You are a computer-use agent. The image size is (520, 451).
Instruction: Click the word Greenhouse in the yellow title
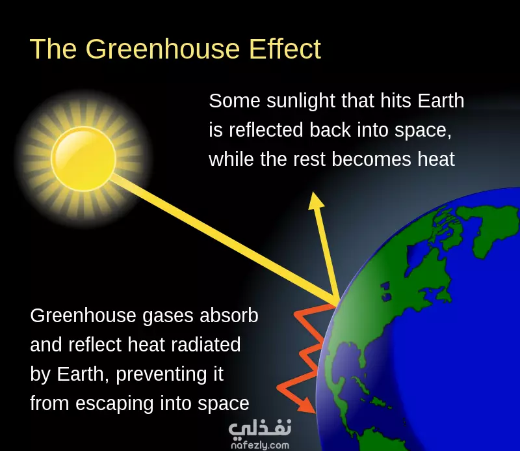tap(162, 49)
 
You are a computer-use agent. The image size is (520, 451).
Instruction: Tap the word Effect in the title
tap(285, 49)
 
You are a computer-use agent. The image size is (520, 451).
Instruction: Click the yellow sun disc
tap(84, 159)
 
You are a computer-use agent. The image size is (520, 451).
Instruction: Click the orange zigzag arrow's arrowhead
tap(307, 407)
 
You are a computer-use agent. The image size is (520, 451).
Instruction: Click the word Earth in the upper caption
tap(441, 101)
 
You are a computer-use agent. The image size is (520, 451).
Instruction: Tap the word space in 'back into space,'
tap(423, 130)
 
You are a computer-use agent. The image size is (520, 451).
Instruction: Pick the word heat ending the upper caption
tap(436, 159)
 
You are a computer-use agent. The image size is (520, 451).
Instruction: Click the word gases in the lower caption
tap(168, 316)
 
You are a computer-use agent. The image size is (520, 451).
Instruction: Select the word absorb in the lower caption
tap(229, 315)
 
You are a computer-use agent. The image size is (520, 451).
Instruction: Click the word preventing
tap(161, 375)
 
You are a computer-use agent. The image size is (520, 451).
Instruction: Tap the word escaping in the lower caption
tap(114, 404)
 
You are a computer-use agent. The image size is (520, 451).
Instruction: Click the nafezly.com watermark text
tap(260, 445)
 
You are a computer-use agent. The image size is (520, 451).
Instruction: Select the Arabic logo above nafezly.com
tap(260, 428)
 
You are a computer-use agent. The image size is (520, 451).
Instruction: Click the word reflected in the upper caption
tap(266, 130)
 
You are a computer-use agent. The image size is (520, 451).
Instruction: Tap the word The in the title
tap(53, 49)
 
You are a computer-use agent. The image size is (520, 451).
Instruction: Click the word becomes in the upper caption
tap(371, 159)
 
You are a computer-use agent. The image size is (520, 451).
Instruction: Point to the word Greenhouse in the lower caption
tap(83, 315)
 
